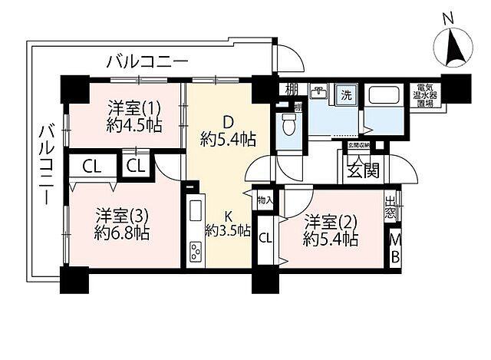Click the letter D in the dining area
pyautogui.click(x=227, y=121)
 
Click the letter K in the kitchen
pyautogui.click(x=228, y=214)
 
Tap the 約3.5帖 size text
pyautogui.click(x=228, y=231)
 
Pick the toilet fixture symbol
pyautogui.click(x=288, y=124)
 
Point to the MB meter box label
pyautogui.click(x=395, y=248)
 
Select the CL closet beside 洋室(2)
pyautogui.click(x=265, y=239)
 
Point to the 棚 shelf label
pyautogui.click(x=292, y=90)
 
